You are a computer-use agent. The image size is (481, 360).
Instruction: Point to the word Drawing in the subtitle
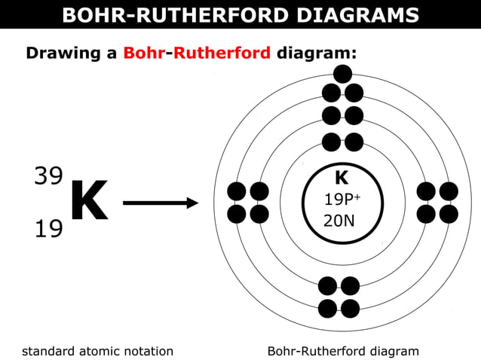pyautogui.click(x=62, y=53)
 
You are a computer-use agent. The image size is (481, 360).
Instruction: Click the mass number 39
pyautogui.click(x=48, y=175)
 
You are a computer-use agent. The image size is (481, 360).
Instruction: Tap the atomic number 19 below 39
pyautogui.click(x=48, y=227)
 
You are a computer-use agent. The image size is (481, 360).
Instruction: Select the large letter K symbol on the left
pyautogui.click(x=88, y=202)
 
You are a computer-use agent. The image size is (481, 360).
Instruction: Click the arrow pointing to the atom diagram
pyautogui.click(x=160, y=203)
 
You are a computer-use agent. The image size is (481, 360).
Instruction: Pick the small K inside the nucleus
pyautogui.click(x=342, y=178)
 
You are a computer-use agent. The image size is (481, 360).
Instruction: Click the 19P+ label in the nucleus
pyautogui.click(x=342, y=200)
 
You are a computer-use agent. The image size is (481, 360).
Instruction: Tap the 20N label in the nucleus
pyautogui.click(x=339, y=221)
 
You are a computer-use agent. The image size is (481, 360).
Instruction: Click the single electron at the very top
pyautogui.click(x=342, y=73)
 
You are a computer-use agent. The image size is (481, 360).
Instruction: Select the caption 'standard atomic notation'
pyautogui.click(x=97, y=351)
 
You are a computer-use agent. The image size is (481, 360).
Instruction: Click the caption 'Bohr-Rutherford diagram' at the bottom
pyautogui.click(x=342, y=351)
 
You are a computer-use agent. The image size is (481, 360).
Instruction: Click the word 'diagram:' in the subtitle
pyautogui.click(x=316, y=53)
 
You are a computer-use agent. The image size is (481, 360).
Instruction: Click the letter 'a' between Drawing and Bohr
pyautogui.click(x=112, y=54)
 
